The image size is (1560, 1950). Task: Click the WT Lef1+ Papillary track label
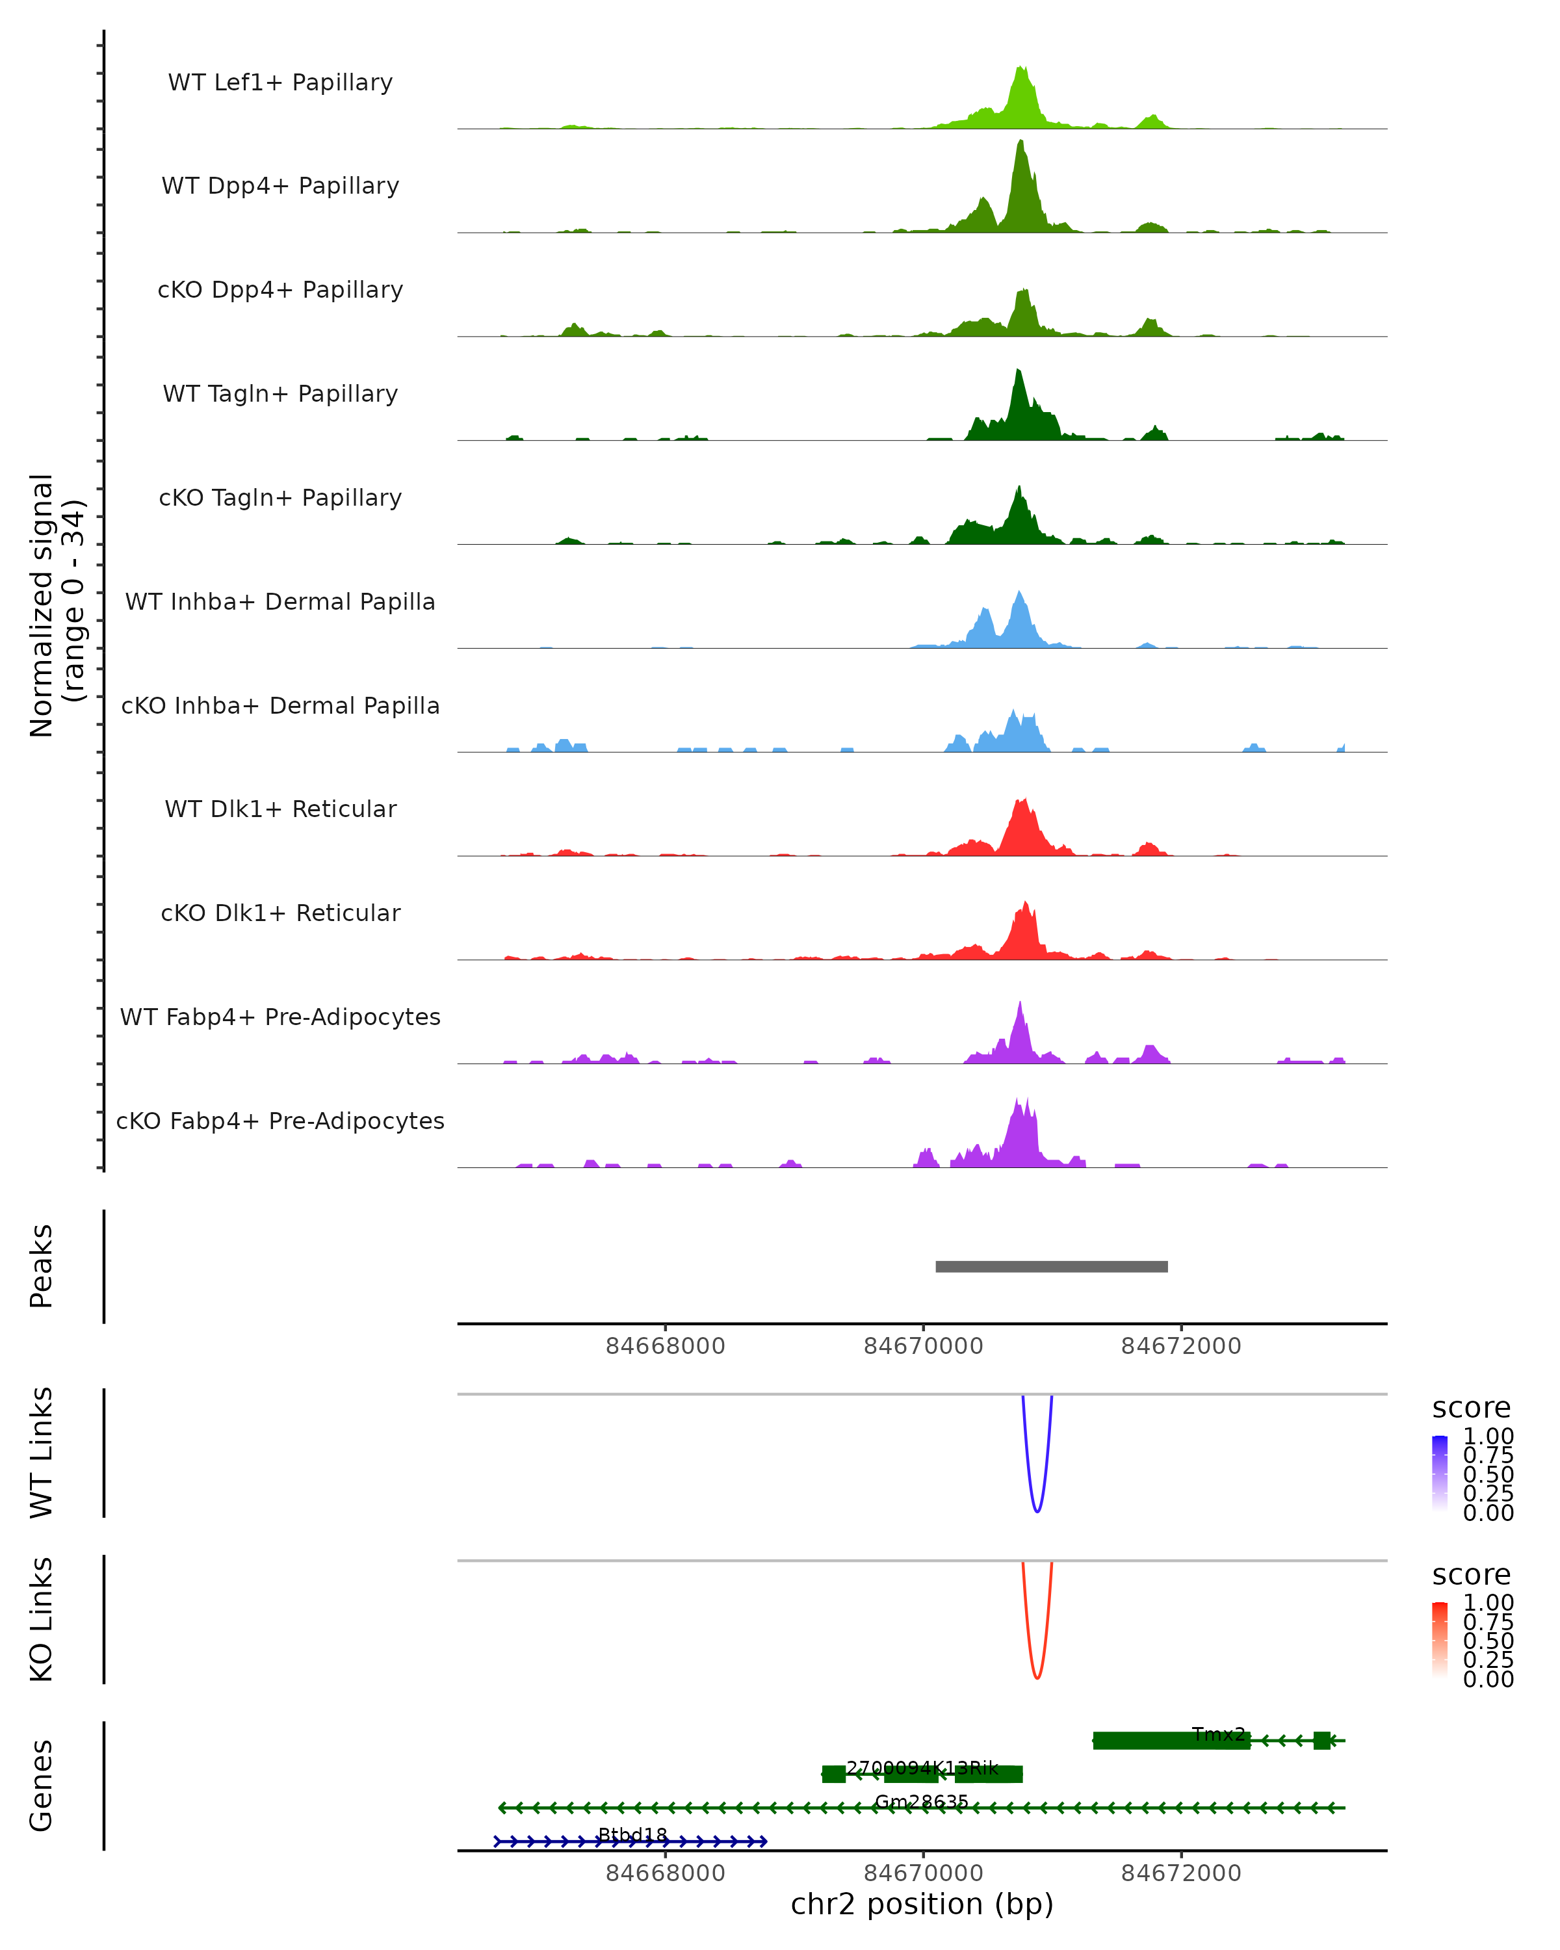(280, 83)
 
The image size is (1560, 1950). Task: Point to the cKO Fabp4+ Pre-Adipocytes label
(280, 1121)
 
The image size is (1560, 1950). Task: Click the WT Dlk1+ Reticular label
(280, 809)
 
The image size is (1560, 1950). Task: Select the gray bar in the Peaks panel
(1051, 1266)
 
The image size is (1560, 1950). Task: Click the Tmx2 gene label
(1218, 1735)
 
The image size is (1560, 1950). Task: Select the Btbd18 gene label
(632, 1835)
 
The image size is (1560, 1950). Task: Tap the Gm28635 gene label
(922, 1802)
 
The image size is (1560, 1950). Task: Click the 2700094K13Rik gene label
(922, 1768)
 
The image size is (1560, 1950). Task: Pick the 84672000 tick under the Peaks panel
(1180, 1346)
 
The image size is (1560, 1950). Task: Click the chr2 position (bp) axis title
(922, 1904)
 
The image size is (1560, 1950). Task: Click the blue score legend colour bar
(1440, 1474)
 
